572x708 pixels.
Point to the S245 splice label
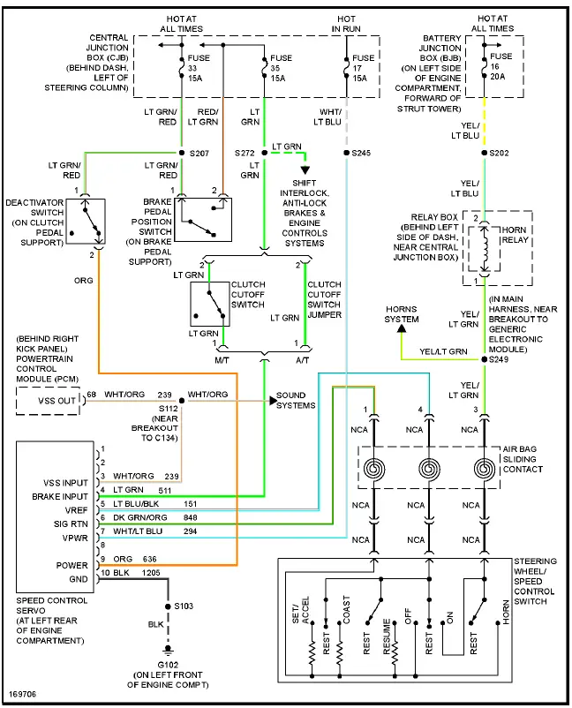361,153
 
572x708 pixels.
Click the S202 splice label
499,153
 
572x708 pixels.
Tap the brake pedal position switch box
203,218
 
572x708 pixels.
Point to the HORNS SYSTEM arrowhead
402,329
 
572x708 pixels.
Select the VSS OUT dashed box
48,400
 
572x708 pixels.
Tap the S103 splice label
183,606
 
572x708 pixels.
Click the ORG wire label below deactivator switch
84,280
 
